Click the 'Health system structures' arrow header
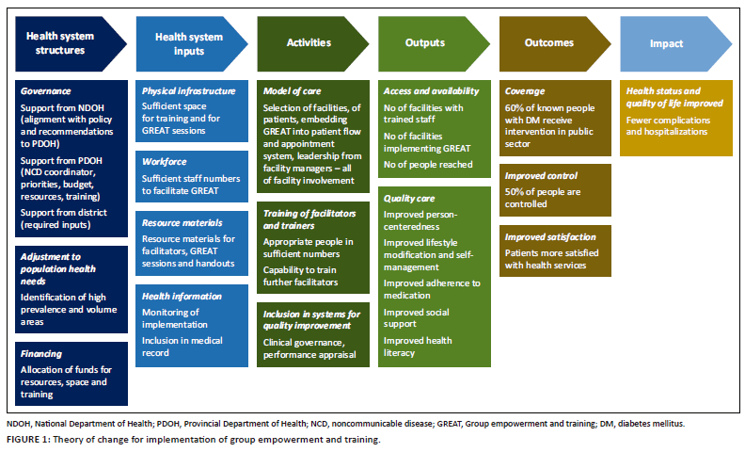[61, 42]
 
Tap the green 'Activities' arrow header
[309, 42]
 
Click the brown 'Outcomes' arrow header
[549, 42]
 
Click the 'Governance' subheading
[46, 92]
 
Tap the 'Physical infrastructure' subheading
[188, 91]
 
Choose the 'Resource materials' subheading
[182, 223]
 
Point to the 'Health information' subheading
[182, 297]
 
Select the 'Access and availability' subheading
[431, 91]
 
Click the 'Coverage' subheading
[525, 91]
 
